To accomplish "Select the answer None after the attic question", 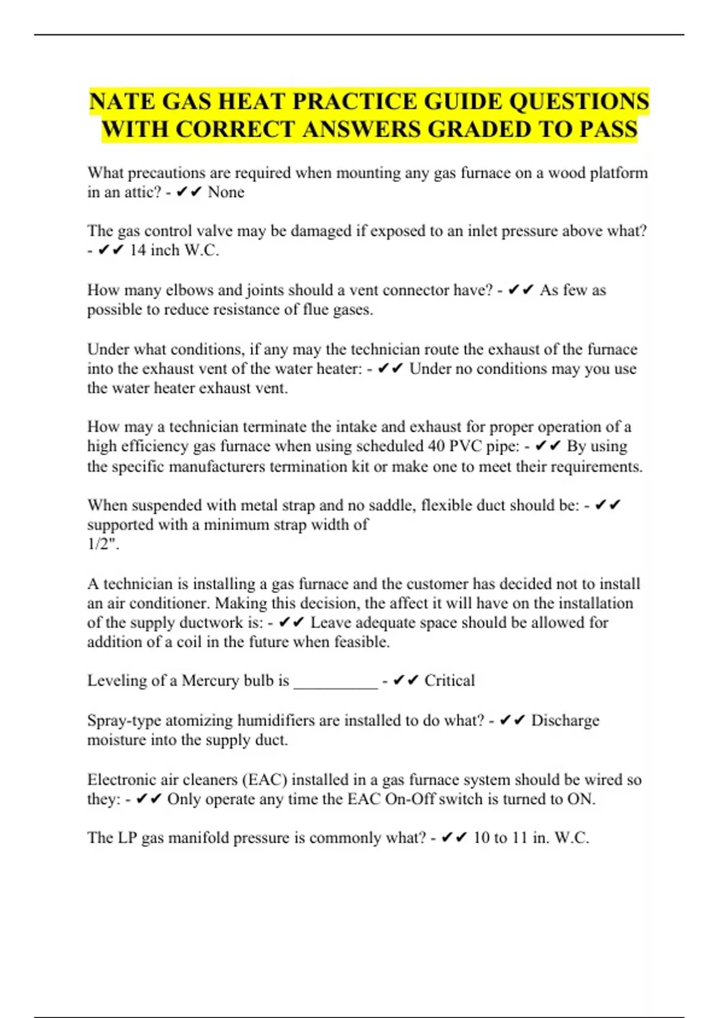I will pyautogui.click(x=226, y=192).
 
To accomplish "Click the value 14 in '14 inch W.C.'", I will pyautogui.click(x=138, y=250).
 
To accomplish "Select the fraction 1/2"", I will pyautogui.click(x=102, y=544).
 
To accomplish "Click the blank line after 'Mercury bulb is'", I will pyautogui.click(x=336, y=683).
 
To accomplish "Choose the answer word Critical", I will pyautogui.click(x=449, y=681).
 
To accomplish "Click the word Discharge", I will pyautogui.click(x=565, y=720).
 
